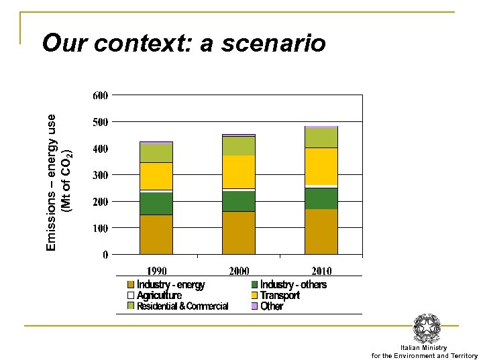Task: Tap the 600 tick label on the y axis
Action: click(100, 96)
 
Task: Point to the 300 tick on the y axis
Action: click(100, 176)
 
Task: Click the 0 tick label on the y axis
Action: click(105, 255)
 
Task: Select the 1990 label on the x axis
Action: click(156, 271)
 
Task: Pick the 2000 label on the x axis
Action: click(239, 271)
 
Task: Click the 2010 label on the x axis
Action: click(321, 271)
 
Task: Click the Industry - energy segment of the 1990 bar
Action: click(156, 234)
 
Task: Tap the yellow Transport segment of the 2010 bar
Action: click(321, 166)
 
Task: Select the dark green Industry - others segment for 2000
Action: click(239, 200)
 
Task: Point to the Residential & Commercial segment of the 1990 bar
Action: click(156, 153)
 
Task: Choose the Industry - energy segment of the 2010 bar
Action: click(321, 231)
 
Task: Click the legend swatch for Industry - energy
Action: click(131, 285)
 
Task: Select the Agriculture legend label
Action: click(159, 296)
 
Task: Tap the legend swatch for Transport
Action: click(254, 296)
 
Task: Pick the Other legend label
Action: click(272, 306)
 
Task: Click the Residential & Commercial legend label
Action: click(182, 306)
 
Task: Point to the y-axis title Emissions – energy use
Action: click(52, 181)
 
